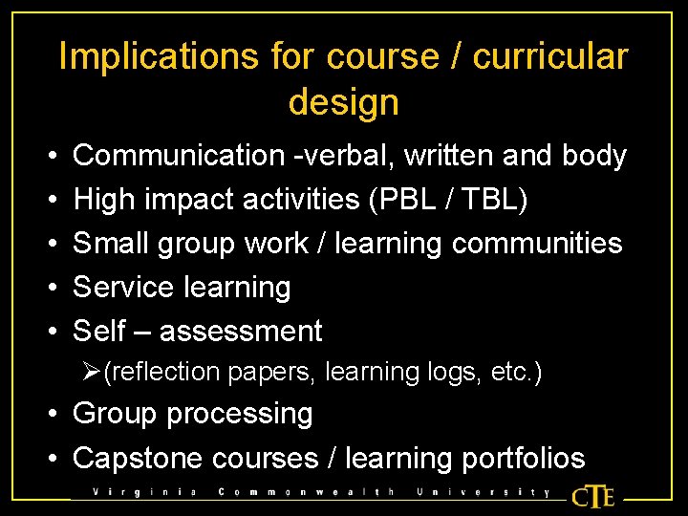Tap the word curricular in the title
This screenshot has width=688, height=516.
(550, 57)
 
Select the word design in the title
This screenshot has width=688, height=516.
(343, 101)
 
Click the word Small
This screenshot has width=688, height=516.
(108, 243)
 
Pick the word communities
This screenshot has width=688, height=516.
(537, 243)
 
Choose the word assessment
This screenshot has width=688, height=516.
(241, 331)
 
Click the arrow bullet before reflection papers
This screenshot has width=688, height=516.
(92, 372)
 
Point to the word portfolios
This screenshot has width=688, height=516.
(523, 458)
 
